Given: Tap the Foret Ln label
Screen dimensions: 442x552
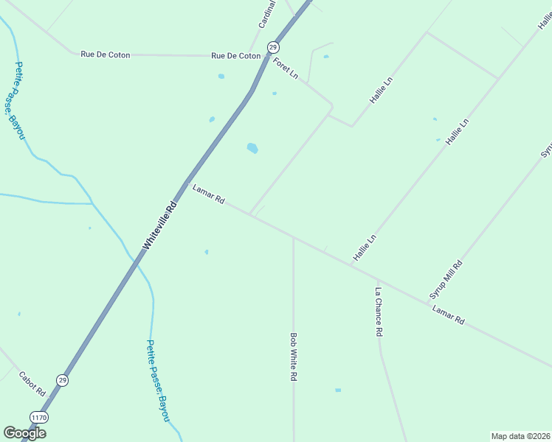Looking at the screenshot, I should [285, 69].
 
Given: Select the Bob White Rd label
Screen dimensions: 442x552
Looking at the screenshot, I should [293, 357].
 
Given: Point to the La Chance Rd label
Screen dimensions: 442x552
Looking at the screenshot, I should [378, 312].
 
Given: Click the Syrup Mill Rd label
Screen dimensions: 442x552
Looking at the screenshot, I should [446, 280].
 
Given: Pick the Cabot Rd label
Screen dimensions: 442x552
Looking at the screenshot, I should [32, 383].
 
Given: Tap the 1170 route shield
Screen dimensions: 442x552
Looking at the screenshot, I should [39, 418].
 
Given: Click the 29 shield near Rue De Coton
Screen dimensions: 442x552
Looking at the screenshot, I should [273, 46].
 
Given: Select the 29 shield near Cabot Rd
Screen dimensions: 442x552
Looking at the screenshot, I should [63, 380].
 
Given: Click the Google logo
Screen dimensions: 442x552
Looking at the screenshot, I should [25, 432].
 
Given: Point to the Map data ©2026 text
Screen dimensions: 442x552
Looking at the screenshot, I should [520, 436].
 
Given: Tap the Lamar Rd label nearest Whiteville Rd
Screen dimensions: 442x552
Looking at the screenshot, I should [208, 195].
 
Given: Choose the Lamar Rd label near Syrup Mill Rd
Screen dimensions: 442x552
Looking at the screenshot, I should [449, 315].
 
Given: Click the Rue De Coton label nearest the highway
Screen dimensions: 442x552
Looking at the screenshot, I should [235, 56].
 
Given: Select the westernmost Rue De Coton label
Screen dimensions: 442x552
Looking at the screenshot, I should [105, 55].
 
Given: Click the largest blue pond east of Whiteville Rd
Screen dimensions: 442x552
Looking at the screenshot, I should [252, 148].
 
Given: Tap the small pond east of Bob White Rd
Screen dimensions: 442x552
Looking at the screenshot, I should [338, 390].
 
